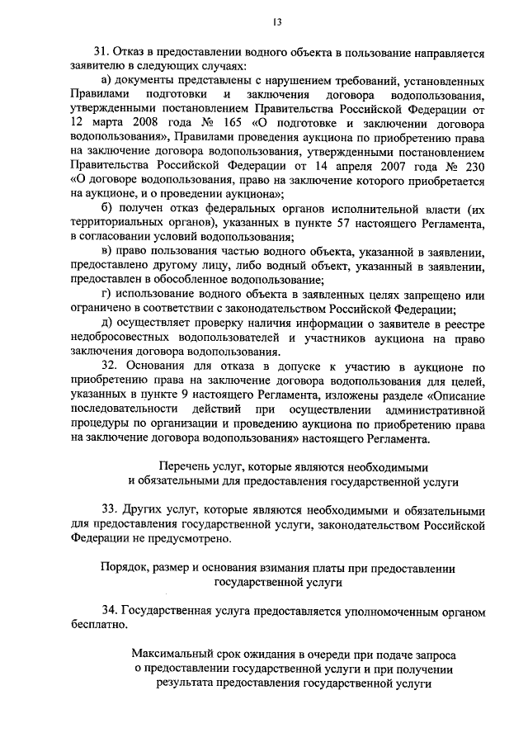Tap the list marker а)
[x=105, y=81]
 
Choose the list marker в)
[x=105, y=253]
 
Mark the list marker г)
[x=105, y=295]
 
